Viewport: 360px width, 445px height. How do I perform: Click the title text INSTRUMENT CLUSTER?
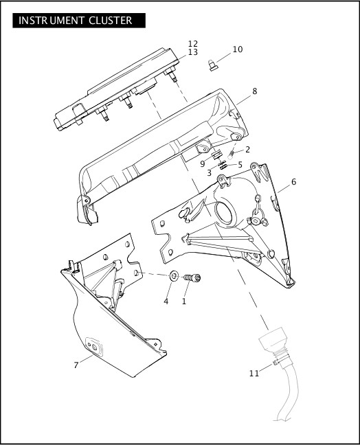tap(76, 20)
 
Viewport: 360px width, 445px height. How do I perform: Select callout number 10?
tap(237, 49)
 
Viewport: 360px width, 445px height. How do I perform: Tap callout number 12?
tap(193, 44)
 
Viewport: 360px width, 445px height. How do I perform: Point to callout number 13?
tap(193, 53)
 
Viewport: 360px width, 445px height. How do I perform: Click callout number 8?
tap(255, 91)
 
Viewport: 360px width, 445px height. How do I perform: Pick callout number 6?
tap(293, 182)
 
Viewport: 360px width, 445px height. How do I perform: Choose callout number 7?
tap(76, 365)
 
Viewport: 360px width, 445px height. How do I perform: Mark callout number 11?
tap(254, 374)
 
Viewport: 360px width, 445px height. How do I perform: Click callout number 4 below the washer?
tap(166, 301)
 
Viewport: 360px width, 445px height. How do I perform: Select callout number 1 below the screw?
tap(184, 301)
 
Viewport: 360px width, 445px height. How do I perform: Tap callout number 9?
tap(203, 163)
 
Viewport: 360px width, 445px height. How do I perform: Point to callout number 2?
tap(247, 149)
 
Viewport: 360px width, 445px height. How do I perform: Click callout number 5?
tap(239, 164)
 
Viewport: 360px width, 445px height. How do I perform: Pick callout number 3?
tap(209, 172)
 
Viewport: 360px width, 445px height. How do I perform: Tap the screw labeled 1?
tap(193, 279)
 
